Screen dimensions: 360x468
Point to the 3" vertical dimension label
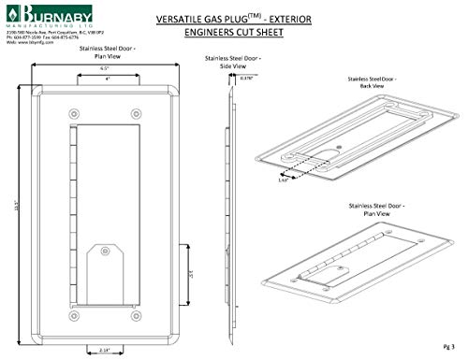point(191,276)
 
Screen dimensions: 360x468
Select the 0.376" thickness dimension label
point(247,79)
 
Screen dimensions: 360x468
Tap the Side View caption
point(230,62)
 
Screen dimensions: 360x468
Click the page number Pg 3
point(447,346)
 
